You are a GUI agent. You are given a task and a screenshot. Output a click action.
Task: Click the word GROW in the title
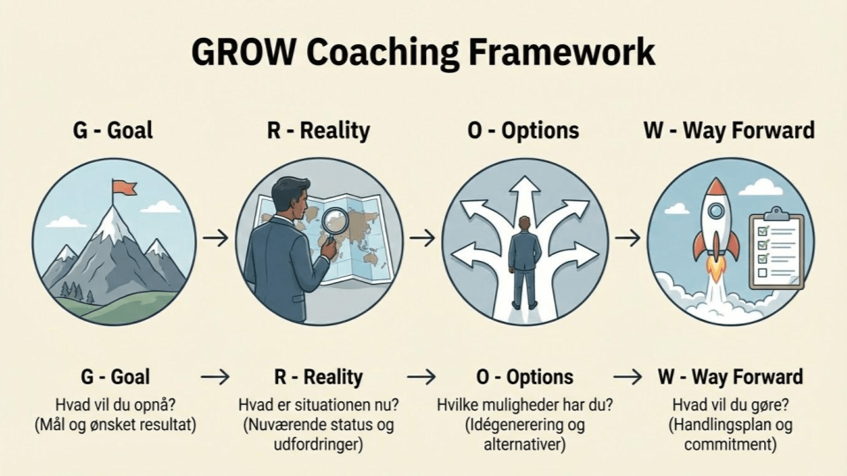pyautogui.click(x=244, y=52)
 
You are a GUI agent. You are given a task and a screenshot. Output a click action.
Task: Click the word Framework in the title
pyautogui.click(x=561, y=52)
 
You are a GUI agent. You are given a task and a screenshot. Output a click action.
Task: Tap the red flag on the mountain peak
pyautogui.click(x=124, y=188)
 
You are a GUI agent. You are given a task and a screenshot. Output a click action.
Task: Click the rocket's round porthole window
pyautogui.click(x=716, y=210)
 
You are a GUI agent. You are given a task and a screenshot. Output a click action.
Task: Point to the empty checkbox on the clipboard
pyautogui.click(x=762, y=272)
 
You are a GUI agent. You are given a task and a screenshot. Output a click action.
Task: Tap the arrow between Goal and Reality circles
pyautogui.click(x=216, y=237)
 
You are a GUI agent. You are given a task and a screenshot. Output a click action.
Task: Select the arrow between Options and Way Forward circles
pyautogui.click(x=627, y=237)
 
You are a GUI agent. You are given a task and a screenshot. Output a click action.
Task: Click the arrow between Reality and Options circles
pyautogui.click(x=423, y=237)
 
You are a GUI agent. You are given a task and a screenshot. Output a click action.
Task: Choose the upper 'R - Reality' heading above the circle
pyautogui.click(x=319, y=130)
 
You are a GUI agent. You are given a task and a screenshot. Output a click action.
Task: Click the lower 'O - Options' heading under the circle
pyautogui.click(x=524, y=376)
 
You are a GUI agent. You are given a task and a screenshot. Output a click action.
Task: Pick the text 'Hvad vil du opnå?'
pyautogui.click(x=116, y=405)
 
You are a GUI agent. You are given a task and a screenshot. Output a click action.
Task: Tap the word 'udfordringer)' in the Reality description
pyautogui.click(x=319, y=444)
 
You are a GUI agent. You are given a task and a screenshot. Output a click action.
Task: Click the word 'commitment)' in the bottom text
pyautogui.click(x=731, y=444)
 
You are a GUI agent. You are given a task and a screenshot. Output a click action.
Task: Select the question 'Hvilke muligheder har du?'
pyautogui.click(x=524, y=405)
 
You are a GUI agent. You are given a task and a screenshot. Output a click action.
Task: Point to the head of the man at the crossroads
pyautogui.click(x=524, y=223)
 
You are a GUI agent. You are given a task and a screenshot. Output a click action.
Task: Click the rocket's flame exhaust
pyautogui.click(x=716, y=271)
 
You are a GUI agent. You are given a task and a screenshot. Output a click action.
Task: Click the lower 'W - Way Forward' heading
pyautogui.click(x=731, y=376)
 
